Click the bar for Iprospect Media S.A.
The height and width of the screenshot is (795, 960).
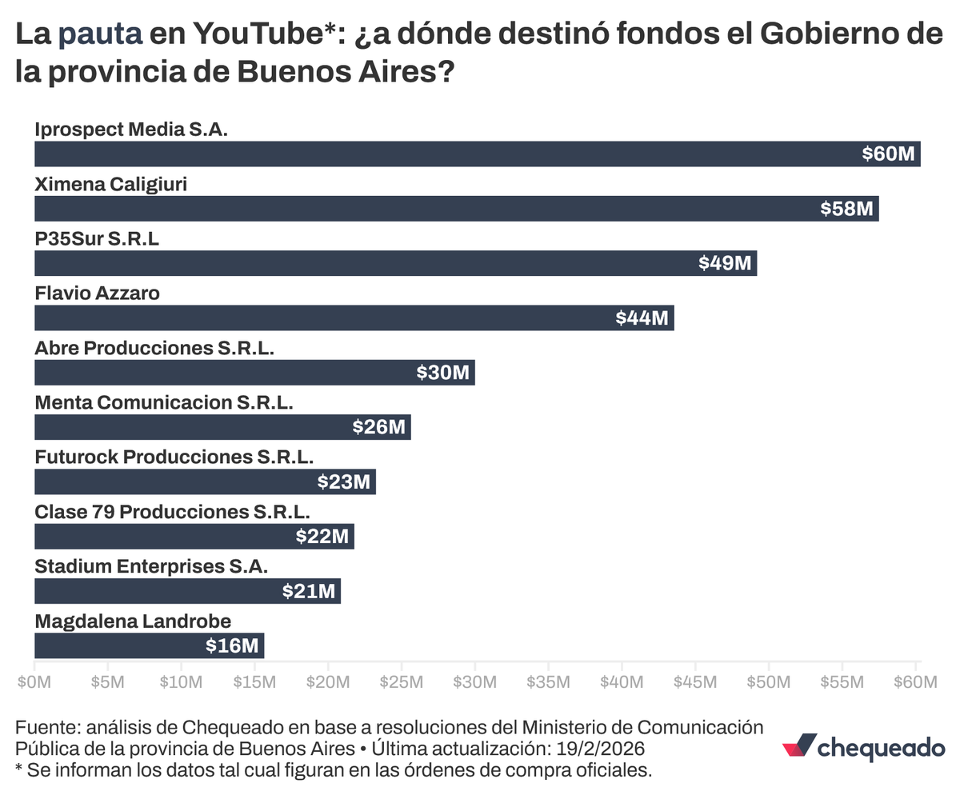point(477,154)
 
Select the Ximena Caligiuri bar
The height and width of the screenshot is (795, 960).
point(456,209)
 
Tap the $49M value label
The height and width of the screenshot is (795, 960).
point(725,263)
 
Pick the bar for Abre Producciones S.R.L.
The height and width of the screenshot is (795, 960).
point(254,373)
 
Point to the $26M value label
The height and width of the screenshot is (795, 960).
point(379,427)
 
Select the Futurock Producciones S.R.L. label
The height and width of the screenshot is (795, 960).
point(174,457)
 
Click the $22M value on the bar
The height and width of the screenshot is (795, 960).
point(322,536)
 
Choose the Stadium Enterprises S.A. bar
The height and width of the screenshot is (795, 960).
point(187,591)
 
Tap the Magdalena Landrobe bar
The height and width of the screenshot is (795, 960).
point(149,645)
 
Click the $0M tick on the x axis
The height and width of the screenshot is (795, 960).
point(34,682)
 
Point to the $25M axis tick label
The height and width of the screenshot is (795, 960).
point(401,682)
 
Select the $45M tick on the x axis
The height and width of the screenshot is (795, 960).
point(694,682)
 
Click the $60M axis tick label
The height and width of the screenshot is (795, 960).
point(914,682)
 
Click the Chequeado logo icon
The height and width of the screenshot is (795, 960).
point(799,745)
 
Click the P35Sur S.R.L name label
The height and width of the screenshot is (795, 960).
point(97,238)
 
